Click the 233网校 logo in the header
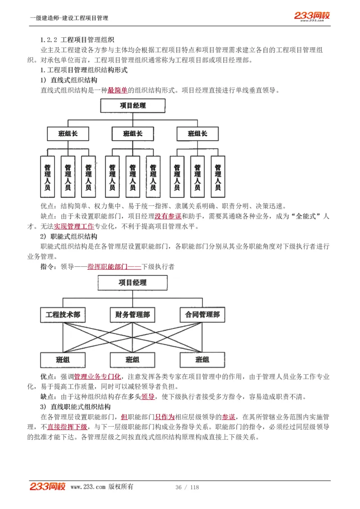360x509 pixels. [x=312, y=16]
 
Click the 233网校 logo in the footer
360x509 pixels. [x=48, y=487]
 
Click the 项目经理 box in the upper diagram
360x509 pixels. [x=133, y=106]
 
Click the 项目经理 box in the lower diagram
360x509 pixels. [x=133, y=283]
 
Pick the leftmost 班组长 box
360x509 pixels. [x=68, y=134]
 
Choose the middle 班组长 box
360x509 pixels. [x=133, y=134]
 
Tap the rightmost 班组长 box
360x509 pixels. [x=198, y=134]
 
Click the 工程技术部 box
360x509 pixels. [x=63, y=315]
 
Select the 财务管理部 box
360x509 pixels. [x=132, y=315]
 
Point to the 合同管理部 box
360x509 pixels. [x=202, y=315]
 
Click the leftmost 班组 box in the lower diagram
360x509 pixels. [x=63, y=360]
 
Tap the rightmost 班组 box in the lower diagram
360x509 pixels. [x=202, y=360]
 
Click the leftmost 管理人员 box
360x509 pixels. [x=48, y=177]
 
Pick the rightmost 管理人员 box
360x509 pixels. [x=218, y=177]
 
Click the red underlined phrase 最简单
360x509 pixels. [x=117, y=90]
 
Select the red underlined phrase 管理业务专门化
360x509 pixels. [x=97, y=377]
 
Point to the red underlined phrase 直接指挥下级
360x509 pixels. [x=67, y=427]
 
